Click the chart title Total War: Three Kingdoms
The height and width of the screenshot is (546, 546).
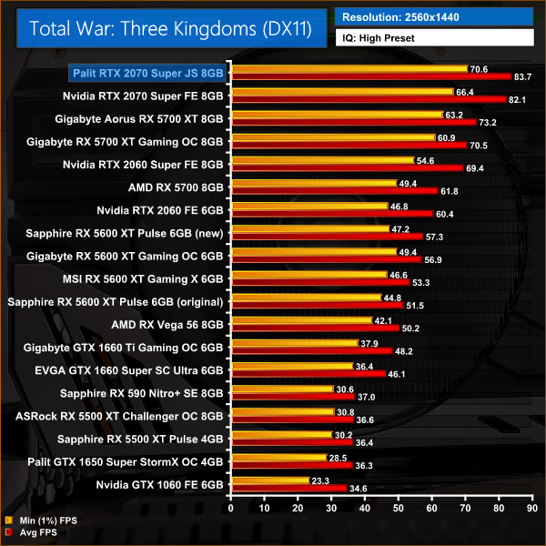[x=170, y=28]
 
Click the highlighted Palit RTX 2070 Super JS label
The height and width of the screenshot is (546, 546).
[x=147, y=72]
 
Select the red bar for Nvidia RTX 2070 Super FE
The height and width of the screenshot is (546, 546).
[x=369, y=99]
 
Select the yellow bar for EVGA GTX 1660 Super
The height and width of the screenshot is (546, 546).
[x=293, y=367]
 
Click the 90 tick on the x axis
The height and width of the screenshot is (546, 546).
[x=533, y=506]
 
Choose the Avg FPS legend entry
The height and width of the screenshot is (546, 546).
[x=32, y=532]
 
